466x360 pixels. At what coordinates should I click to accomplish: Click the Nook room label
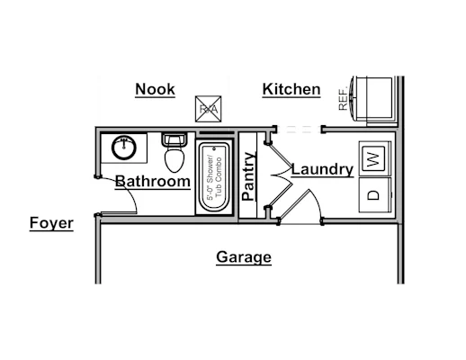click(x=155, y=89)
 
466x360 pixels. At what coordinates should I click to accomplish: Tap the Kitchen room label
click(x=291, y=89)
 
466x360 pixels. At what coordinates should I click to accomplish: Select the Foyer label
click(x=51, y=223)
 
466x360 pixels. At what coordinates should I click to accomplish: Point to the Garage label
click(x=244, y=257)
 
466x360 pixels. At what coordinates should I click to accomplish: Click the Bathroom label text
click(x=153, y=182)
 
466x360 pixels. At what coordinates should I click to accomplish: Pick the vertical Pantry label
click(x=249, y=176)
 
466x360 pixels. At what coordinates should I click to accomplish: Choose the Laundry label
click(x=322, y=169)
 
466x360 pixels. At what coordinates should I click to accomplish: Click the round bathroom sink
click(x=124, y=148)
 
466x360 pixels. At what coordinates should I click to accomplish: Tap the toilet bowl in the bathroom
click(x=175, y=158)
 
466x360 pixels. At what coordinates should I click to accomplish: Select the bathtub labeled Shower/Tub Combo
click(x=214, y=177)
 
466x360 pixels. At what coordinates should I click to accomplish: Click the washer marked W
click(x=375, y=158)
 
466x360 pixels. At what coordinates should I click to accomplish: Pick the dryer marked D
click(x=375, y=195)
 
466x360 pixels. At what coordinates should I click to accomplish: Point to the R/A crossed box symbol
click(x=209, y=109)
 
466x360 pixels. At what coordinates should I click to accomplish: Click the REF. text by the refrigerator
click(x=343, y=98)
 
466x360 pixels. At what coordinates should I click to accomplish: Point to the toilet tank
click(x=175, y=139)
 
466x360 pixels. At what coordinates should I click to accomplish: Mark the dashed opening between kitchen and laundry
click(x=299, y=130)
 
